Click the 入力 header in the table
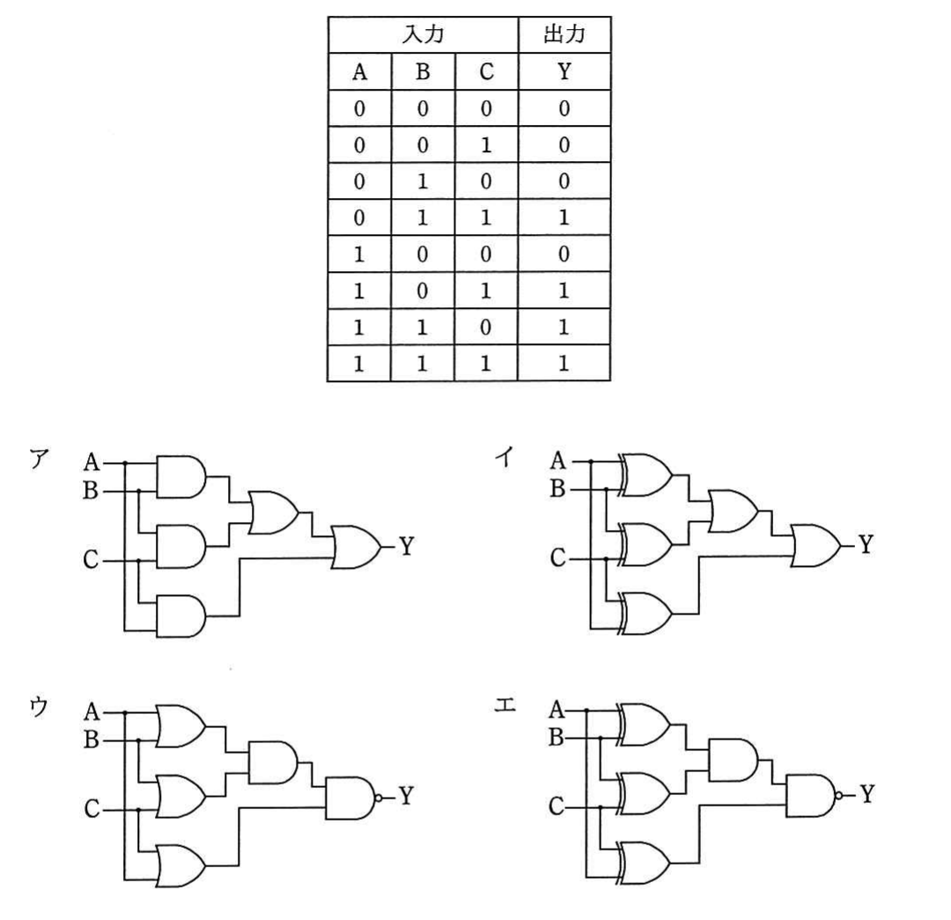[x=423, y=34]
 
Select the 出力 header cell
[x=564, y=34]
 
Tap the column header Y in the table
[x=564, y=71]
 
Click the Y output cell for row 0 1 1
[x=564, y=217]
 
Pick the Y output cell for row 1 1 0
[x=564, y=327]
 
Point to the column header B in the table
[x=423, y=71]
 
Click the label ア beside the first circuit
[x=38, y=459]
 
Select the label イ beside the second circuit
[x=505, y=457]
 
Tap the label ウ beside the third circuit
[x=38, y=707]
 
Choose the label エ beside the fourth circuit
[x=505, y=704]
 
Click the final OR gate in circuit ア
[x=357, y=547]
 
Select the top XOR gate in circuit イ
[x=645, y=475]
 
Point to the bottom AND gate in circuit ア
[x=181, y=615]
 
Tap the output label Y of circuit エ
[x=867, y=794]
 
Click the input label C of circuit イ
[x=557, y=557]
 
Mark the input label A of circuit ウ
[x=92, y=710]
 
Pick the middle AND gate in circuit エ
[x=733, y=759]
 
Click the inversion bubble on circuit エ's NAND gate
[x=839, y=795]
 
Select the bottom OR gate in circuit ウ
[x=181, y=865]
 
